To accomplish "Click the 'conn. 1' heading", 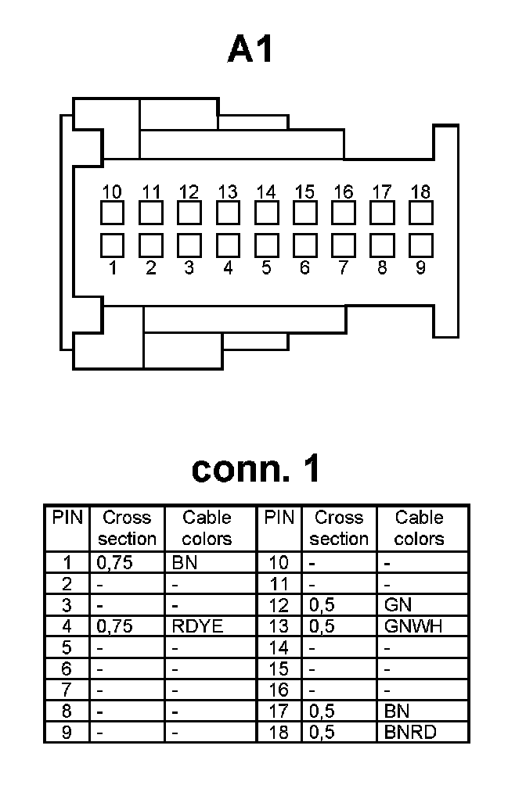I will (256, 468).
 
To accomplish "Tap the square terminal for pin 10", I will (113, 213).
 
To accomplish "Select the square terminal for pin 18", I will (420, 213).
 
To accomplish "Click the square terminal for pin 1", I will (113, 246).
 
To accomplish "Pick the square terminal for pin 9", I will (420, 246).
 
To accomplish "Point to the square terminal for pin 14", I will (266, 213).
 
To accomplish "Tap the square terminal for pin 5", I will (266, 246).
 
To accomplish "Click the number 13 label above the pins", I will (228, 192).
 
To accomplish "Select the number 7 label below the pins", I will (343, 268).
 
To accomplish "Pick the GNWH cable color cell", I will (409, 625).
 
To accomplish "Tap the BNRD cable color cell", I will (410, 733).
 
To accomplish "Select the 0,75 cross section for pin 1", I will (113, 561).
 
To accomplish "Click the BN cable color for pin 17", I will (397, 712).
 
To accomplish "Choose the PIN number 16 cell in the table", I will (278, 690).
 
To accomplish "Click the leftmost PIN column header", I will (67, 518).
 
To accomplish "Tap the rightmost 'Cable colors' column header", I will (419, 528).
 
